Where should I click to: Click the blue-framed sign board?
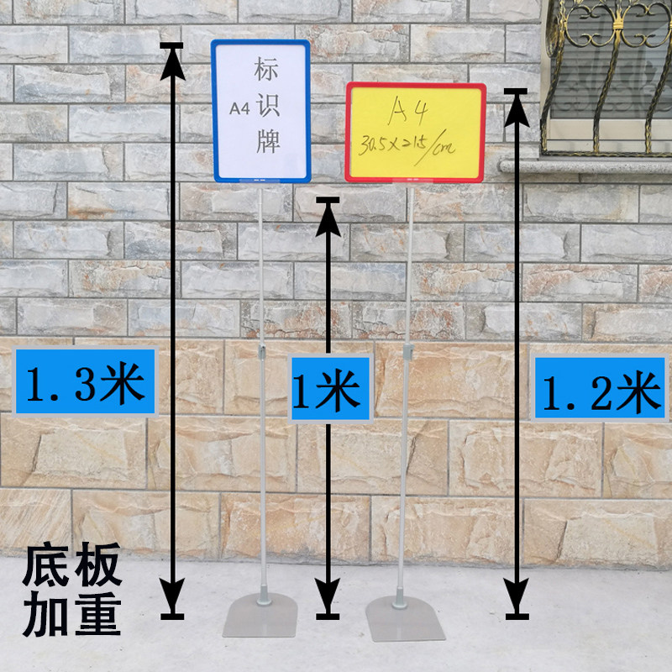pos(261,111)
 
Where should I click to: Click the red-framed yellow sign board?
pos(415,132)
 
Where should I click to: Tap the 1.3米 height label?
pos(85,383)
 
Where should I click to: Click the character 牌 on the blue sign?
pos(267,141)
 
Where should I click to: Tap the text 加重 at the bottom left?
pos(74,616)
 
